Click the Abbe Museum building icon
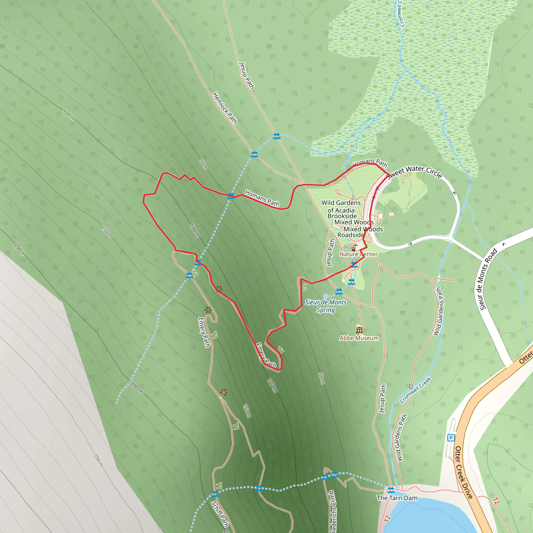[x=359, y=330]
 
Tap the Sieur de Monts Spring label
[x=326, y=306]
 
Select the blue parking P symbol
[x=451, y=438]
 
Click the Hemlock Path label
[x=225, y=108]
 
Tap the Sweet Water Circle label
[x=414, y=172]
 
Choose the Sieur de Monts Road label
[x=488, y=279]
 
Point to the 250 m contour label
[x=98, y=460]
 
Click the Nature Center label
[x=358, y=254]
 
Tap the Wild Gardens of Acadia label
[x=341, y=206]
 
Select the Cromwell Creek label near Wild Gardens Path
[x=415, y=390]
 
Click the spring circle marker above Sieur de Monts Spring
[x=326, y=296]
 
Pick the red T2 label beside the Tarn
[x=387, y=519]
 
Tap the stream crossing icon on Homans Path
[x=231, y=196]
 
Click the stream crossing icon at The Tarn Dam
[x=391, y=490]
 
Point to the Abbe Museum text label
[x=359, y=338]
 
